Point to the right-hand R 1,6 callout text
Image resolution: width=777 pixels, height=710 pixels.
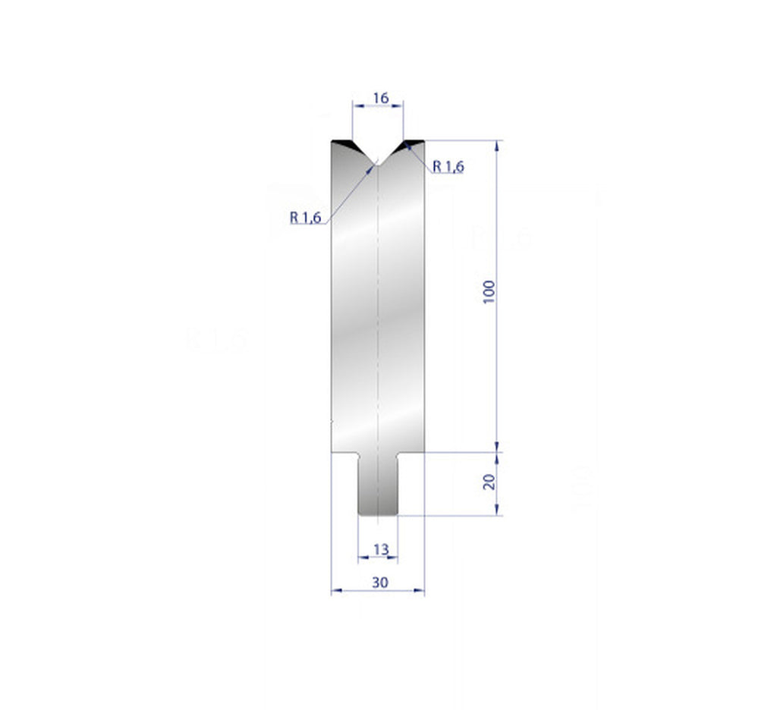[x=448, y=167]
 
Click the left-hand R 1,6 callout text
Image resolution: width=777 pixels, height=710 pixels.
[x=306, y=217]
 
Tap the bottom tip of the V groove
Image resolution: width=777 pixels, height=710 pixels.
[x=378, y=164]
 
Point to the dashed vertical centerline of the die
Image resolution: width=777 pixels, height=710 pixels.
[x=378, y=303]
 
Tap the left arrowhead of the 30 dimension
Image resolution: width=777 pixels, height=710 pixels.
[x=335, y=592]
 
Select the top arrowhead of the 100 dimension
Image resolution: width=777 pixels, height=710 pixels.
[x=498, y=145]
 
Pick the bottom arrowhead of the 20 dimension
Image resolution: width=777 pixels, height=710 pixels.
[x=498, y=511]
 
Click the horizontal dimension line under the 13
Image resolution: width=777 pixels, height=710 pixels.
[x=378, y=557]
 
